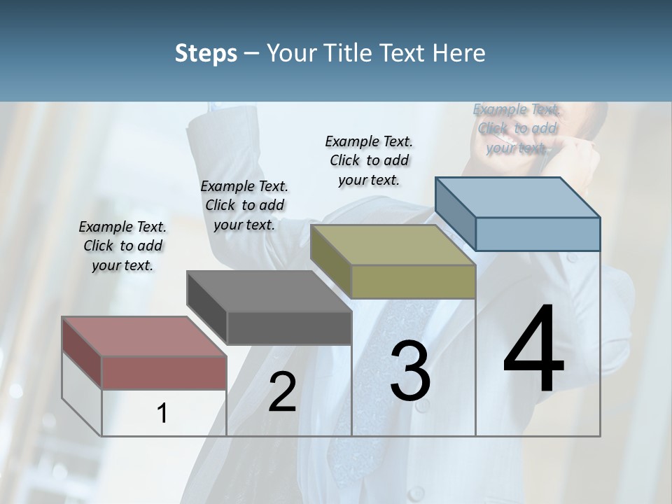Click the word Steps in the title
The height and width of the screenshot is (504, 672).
206,53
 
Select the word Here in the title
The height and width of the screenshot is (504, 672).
459,53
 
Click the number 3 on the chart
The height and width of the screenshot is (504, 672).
410,372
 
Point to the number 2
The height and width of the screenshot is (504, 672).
282,392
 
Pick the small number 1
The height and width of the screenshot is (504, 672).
162,414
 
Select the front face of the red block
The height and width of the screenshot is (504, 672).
164,372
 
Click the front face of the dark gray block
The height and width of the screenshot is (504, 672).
289,328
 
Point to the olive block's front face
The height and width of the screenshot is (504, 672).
413,282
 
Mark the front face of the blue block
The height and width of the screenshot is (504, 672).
538,234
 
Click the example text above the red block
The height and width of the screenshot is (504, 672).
122,246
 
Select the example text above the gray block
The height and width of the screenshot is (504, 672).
244,205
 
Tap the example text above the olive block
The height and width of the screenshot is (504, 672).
369,160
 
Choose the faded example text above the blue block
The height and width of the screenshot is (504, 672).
517,128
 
